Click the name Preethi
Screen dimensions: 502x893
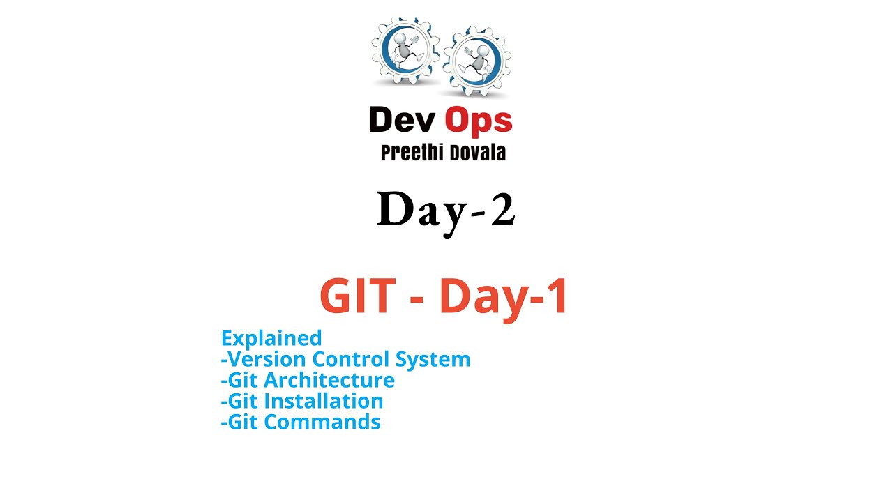click(410, 153)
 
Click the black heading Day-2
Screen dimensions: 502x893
click(446, 210)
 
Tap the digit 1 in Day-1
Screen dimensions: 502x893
click(556, 297)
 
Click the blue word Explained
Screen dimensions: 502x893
click(271, 338)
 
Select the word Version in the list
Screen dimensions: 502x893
click(268, 359)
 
